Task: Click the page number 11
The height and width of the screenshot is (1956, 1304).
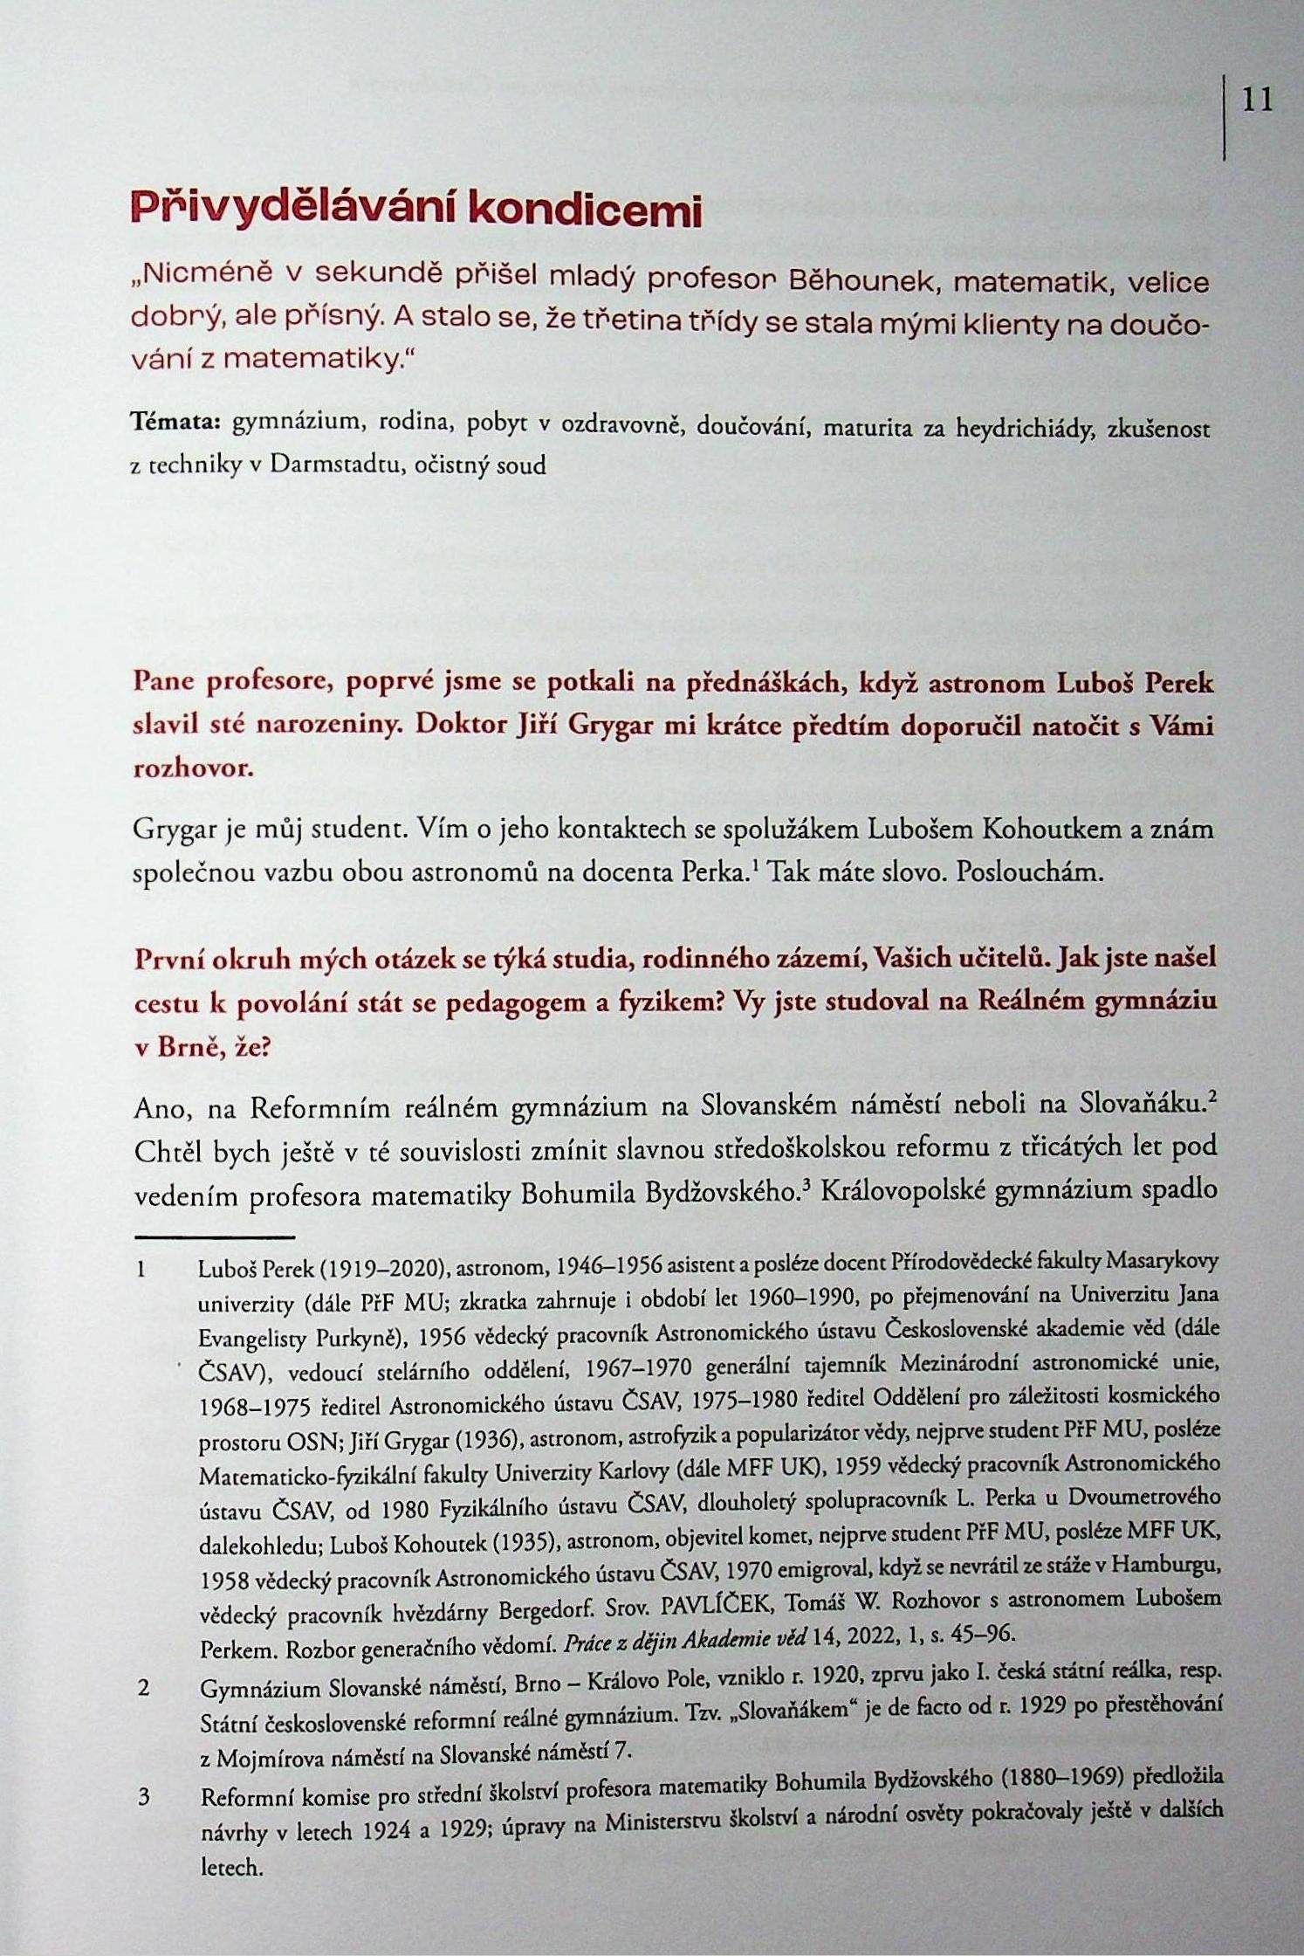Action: (1257, 100)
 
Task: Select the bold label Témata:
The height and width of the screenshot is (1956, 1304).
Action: (175, 425)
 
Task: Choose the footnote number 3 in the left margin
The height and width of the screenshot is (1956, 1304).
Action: (145, 1797)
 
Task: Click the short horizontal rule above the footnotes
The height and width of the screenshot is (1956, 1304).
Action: (215, 1236)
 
